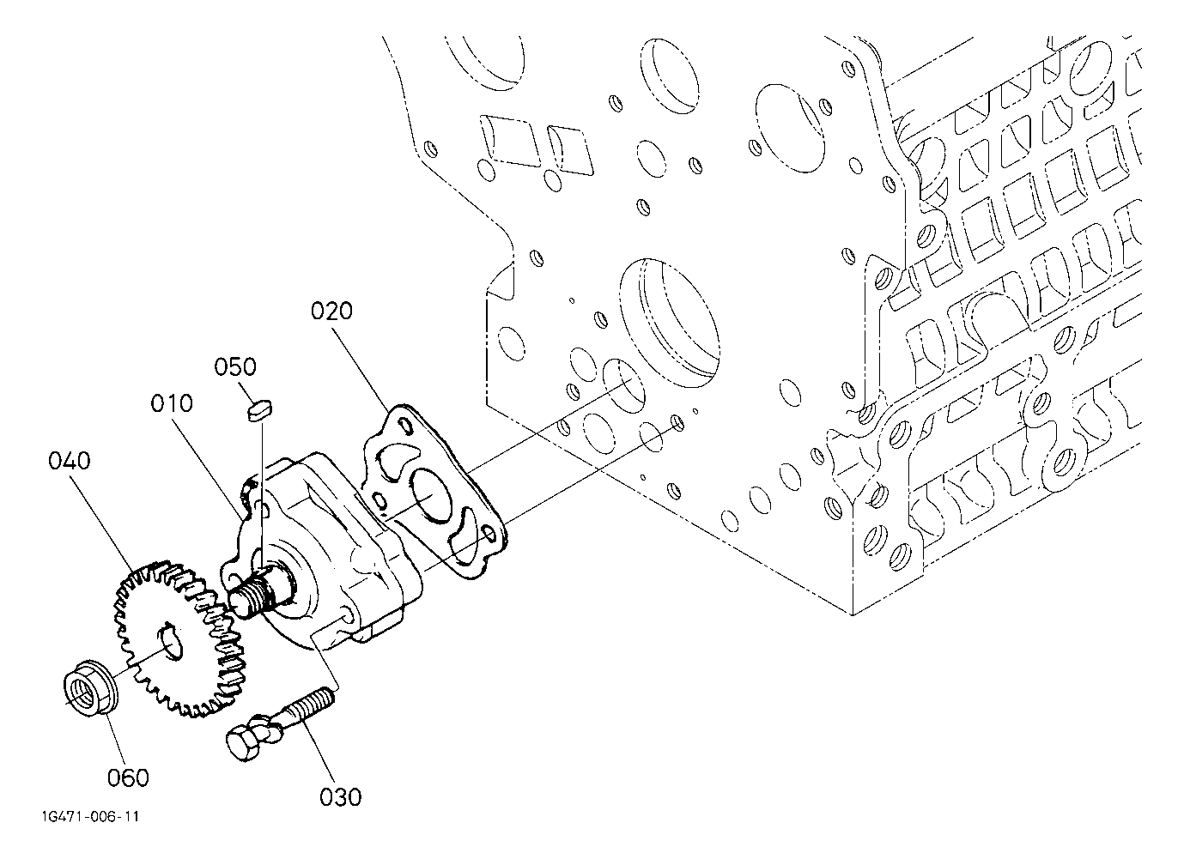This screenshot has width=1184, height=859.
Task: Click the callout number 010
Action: [x=171, y=403]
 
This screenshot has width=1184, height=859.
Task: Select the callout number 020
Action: [x=331, y=312]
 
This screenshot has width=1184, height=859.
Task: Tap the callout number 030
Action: [x=340, y=797]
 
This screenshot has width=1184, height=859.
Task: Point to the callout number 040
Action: [x=70, y=461]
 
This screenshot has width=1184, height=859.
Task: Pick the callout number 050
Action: [x=235, y=366]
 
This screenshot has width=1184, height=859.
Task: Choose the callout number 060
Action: [x=129, y=777]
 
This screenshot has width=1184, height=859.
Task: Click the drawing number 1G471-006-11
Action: [x=90, y=817]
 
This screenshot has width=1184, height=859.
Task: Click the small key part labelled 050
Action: [x=259, y=410]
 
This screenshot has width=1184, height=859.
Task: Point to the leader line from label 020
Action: [x=365, y=367]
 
